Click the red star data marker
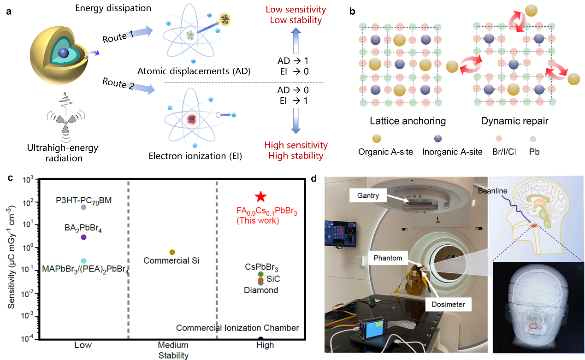[260, 197]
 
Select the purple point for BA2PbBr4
[83, 237]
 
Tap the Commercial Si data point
[172, 252]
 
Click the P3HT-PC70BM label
[83, 201]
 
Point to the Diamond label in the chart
[261, 290]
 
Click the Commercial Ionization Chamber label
[237, 328]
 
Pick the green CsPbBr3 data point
[261, 274]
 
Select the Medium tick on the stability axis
[173, 345]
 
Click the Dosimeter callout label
[448, 304]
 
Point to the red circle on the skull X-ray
[533, 326]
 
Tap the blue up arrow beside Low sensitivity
[296, 40]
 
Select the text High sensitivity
[295, 146]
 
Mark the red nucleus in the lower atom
[191, 119]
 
